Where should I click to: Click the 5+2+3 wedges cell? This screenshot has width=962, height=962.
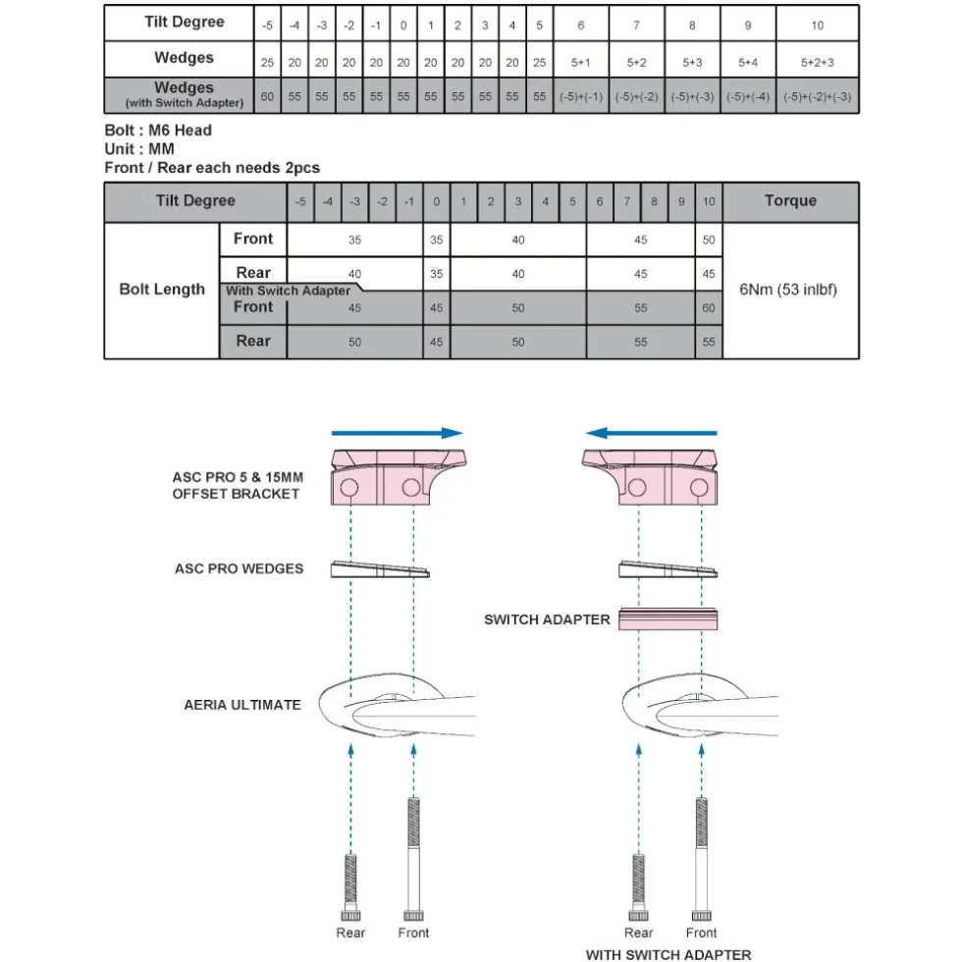click(x=817, y=62)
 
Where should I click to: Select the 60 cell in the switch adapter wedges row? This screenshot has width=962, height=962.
click(x=267, y=96)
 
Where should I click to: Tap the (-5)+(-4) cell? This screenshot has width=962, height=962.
click(x=748, y=96)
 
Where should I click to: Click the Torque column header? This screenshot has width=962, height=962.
click(x=790, y=200)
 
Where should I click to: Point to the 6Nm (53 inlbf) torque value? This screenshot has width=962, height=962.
click(x=787, y=290)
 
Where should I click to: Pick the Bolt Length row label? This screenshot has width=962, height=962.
click(x=162, y=289)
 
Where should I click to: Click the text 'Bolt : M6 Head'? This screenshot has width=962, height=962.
click(x=158, y=130)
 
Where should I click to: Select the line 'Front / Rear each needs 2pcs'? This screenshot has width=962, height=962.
click(x=212, y=168)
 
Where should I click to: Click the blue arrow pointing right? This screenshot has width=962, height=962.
click(x=397, y=433)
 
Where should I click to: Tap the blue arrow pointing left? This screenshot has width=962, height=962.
click(x=651, y=433)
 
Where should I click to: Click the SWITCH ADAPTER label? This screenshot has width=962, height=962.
click(x=547, y=619)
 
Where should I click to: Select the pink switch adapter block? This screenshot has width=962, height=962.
click(x=668, y=619)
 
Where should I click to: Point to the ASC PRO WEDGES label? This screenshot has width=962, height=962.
click(x=239, y=568)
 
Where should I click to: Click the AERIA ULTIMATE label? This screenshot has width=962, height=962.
click(x=242, y=705)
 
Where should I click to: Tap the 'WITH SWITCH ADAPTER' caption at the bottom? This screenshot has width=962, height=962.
click(x=668, y=954)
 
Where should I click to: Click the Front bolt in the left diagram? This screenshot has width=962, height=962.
click(x=413, y=859)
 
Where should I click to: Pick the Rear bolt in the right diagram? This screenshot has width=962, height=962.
click(x=639, y=887)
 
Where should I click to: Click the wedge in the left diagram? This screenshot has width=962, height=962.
click(x=380, y=569)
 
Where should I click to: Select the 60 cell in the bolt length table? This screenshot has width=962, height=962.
click(x=709, y=307)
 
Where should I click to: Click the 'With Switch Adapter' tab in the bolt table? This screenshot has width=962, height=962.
click(x=288, y=291)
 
